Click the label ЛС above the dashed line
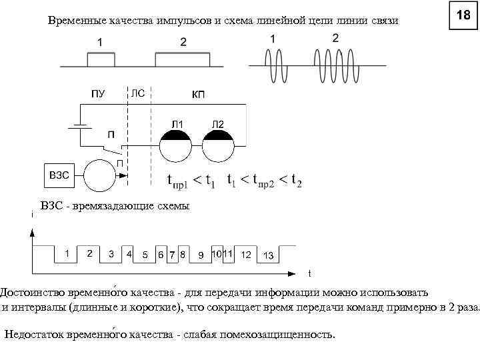(x=138, y=93)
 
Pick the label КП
(x=198, y=95)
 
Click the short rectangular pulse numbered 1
(x=100, y=60)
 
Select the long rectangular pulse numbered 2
(x=183, y=60)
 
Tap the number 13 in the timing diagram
(x=269, y=256)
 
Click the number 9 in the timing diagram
(x=201, y=255)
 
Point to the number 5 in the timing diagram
(x=145, y=255)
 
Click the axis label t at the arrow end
(x=309, y=273)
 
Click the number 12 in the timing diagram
(x=246, y=255)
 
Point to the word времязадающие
(x=114, y=206)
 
